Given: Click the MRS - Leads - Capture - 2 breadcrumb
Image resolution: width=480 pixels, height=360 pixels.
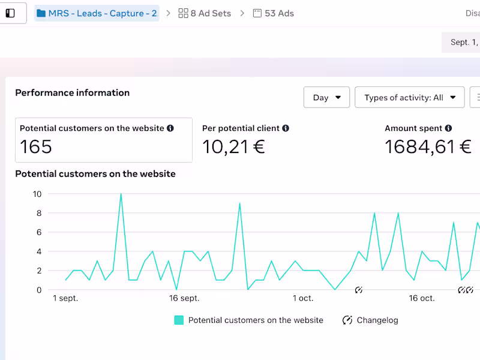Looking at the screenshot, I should point(97,13).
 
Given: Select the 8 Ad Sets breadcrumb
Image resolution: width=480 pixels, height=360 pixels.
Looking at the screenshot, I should point(205,13).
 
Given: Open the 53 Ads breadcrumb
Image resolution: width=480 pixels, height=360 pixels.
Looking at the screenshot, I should point(273,13).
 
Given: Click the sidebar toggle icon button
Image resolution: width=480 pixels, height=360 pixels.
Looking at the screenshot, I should point(10,13).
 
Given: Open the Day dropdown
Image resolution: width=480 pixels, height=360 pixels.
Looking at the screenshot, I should point(326,97).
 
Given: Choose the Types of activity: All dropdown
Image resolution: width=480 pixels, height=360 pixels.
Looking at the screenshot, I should point(410,97).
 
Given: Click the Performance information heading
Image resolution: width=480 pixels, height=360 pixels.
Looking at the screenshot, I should point(72,92).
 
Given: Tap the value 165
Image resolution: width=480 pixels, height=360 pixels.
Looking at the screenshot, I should point(36,146).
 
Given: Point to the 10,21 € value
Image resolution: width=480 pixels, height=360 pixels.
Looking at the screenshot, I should point(233,146).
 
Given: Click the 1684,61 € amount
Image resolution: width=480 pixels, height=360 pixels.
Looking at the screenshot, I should point(428,146).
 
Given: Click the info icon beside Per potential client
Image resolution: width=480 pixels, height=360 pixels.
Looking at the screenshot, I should point(286,128).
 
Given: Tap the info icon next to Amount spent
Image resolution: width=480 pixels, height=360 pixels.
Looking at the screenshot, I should point(449,128).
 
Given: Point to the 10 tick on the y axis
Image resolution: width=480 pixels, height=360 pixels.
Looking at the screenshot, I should point(37,194).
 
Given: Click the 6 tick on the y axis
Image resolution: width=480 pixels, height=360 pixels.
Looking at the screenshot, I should point(39,232).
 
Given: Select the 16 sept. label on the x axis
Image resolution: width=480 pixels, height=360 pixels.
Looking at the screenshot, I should point(184,298).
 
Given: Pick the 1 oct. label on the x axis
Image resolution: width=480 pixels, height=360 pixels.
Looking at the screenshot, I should point(303,298).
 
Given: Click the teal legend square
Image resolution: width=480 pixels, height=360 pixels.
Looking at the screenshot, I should point(179,320).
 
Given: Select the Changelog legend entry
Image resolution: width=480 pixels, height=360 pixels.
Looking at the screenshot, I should point(370,320).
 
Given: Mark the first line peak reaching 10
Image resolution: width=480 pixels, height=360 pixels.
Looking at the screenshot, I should point(121,194).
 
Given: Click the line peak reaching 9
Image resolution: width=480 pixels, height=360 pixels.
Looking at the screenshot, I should point(239,203).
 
